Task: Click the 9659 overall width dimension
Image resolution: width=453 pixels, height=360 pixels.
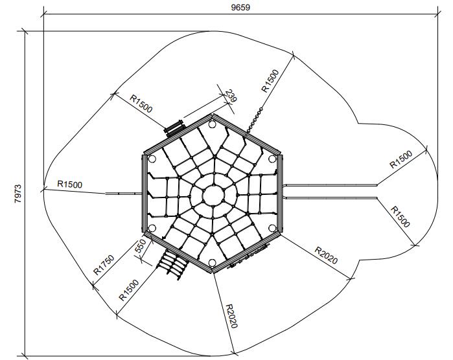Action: [240, 7]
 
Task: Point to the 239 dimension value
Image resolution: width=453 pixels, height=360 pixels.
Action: [231, 96]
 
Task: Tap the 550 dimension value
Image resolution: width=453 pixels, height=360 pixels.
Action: [141, 246]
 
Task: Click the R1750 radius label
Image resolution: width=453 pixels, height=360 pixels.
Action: [104, 265]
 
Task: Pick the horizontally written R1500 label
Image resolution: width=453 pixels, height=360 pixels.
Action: [70, 184]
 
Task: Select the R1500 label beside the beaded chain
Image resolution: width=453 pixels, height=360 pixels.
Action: [270, 81]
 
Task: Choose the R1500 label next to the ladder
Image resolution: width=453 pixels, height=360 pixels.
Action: [129, 290]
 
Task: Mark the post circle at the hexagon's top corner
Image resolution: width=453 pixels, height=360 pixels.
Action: [212, 124]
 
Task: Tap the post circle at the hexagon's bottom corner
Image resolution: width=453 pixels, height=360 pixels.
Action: [212, 262]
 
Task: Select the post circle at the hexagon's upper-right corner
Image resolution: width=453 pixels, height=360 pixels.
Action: [272, 159]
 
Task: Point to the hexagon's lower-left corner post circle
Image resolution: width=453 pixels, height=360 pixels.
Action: [152, 228]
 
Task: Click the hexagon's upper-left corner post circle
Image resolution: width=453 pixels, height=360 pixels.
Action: [152, 159]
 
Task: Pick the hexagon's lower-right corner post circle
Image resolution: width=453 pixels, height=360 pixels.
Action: [272, 228]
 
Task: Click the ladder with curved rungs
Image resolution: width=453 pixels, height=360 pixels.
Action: [172, 264]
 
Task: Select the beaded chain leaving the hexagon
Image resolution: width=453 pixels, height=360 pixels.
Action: [254, 121]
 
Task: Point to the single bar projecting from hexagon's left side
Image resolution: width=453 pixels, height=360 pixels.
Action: [124, 194]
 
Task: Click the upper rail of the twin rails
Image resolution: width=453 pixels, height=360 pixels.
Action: [330, 185]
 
